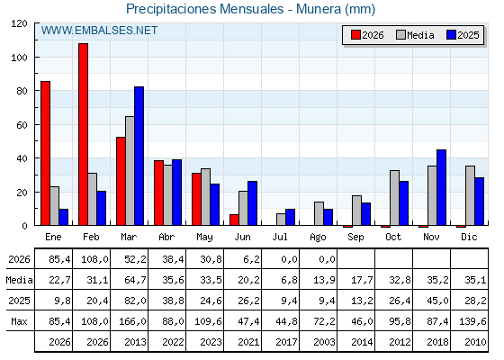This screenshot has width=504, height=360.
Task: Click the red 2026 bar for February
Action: coord(83,134)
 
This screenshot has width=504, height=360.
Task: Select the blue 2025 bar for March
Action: coord(139,156)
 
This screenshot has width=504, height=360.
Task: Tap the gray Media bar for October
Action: coord(395,198)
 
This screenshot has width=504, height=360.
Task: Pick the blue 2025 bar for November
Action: coord(442,187)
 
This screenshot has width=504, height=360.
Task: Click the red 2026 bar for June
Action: coord(234,220)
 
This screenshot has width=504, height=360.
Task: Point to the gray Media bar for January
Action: coord(55,206)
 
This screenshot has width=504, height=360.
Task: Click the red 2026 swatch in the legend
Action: coord(355,35)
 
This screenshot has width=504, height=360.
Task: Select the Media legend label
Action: coord(420,35)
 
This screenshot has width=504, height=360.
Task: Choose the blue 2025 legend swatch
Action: coord(451,35)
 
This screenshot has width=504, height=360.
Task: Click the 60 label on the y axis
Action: coord(22,125)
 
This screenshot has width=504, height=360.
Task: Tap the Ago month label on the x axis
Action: coord(319,238)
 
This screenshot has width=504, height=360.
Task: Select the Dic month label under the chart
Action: coord(469,237)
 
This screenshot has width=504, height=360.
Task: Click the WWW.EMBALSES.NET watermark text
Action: coord(99,31)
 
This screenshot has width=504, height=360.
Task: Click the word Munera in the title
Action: coord(319,9)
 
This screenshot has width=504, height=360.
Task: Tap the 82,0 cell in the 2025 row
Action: coord(135,301)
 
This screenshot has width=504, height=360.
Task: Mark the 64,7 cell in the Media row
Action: coord(135,280)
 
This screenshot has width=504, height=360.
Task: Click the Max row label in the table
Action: coord(19,321)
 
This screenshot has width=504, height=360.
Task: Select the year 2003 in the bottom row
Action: coord(324,342)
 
